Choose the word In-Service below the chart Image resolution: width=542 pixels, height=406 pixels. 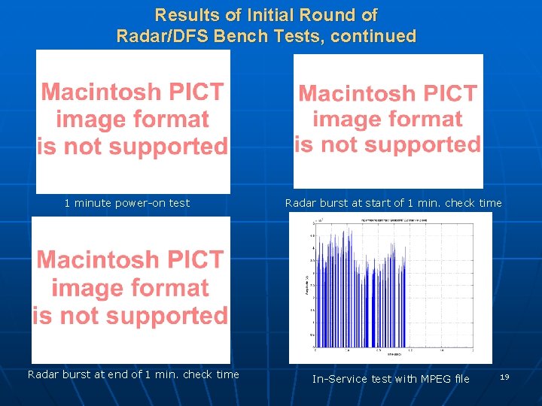(x=341, y=379)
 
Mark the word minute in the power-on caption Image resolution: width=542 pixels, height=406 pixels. (x=91, y=203)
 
